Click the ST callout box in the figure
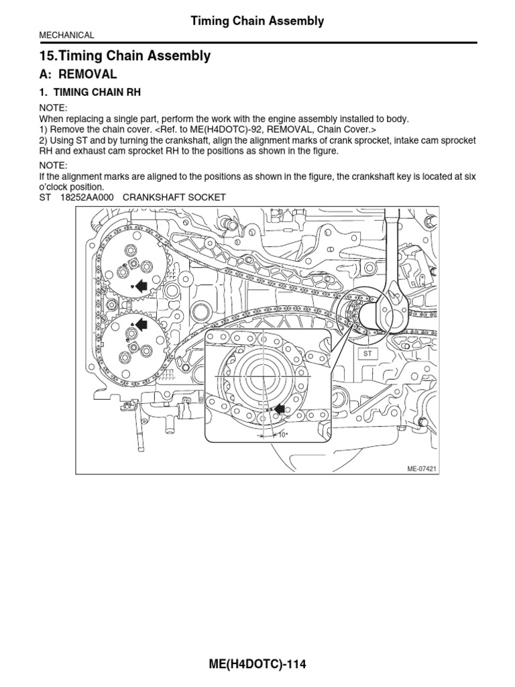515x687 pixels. pyautogui.click(x=367, y=353)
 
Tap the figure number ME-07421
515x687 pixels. pyautogui.click(x=420, y=468)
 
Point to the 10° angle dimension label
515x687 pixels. pyautogui.click(x=282, y=435)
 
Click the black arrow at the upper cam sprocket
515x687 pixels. pyautogui.click(x=141, y=286)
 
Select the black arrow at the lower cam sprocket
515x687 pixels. pyautogui.click(x=141, y=325)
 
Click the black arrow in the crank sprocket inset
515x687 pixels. pyautogui.click(x=278, y=408)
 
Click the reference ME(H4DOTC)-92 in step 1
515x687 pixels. pyautogui.click(x=242, y=129)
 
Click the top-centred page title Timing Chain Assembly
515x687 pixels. pyautogui.click(x=257, y=21)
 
